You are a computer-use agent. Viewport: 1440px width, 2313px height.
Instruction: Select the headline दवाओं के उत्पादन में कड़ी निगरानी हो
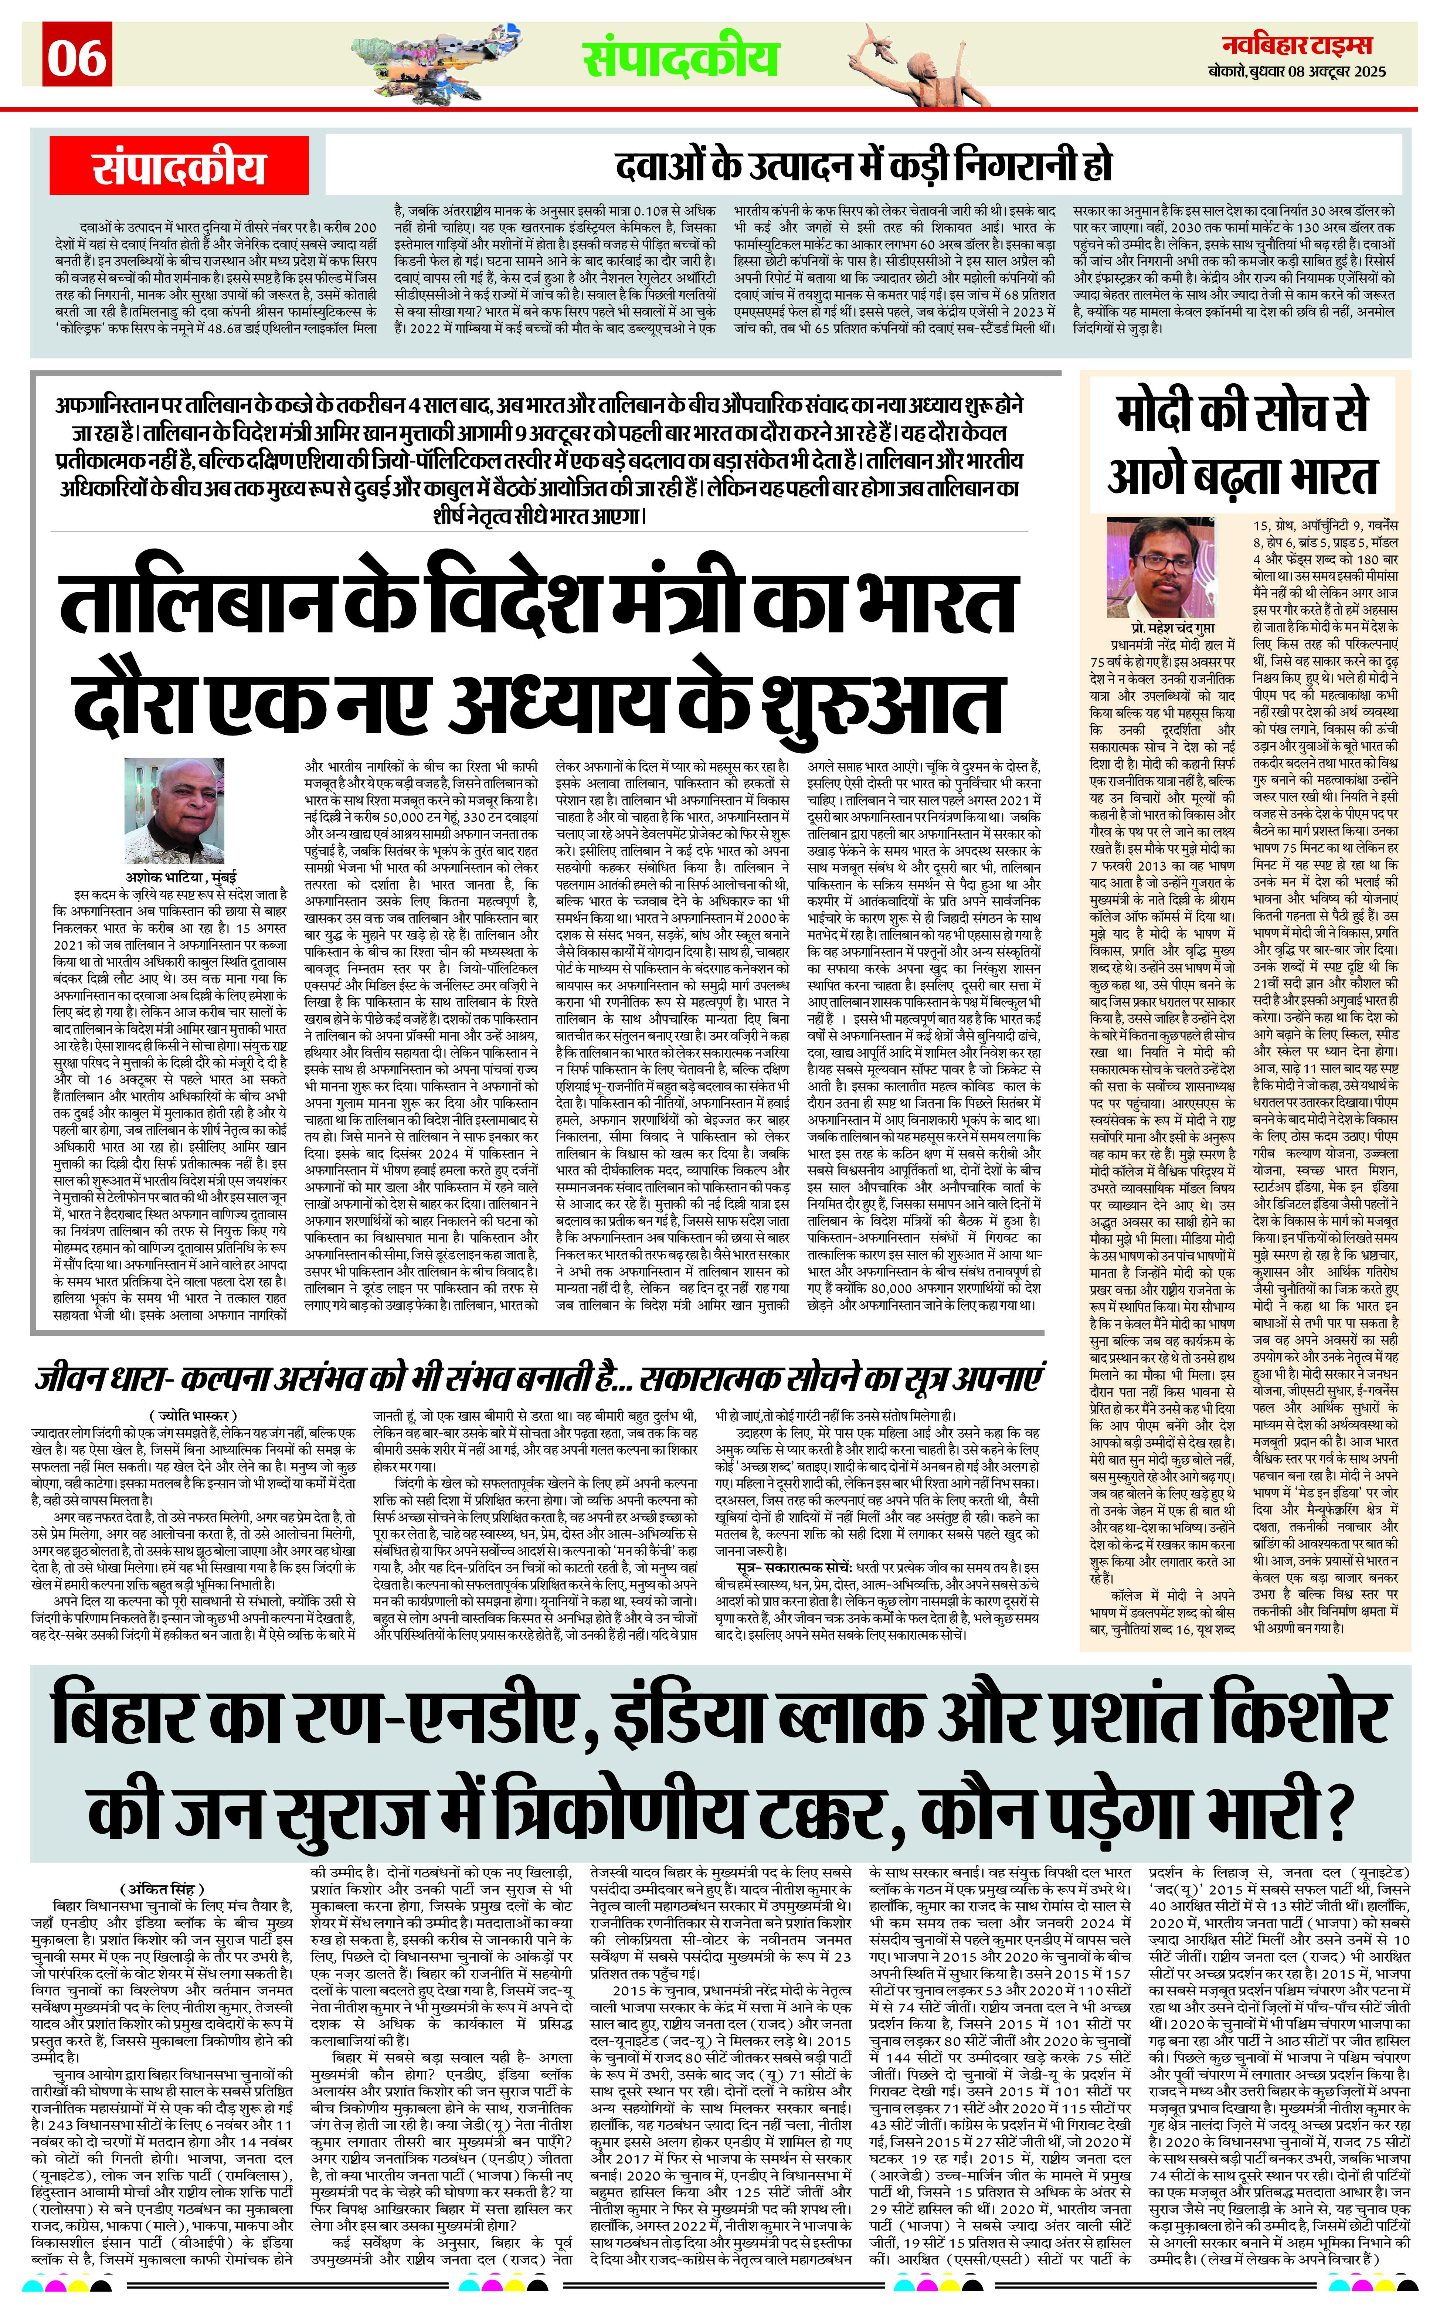pyautogui.click(x=863, y=166)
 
